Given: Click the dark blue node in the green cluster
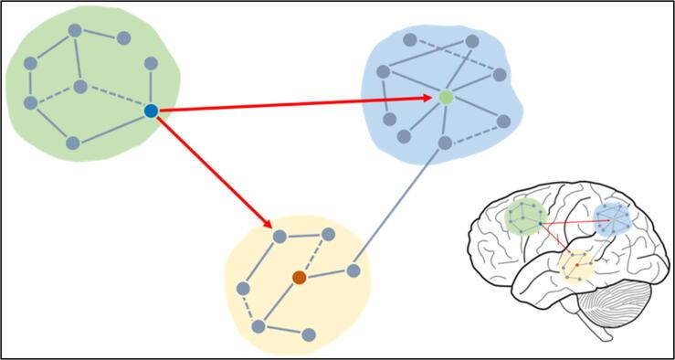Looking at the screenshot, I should point(152,111).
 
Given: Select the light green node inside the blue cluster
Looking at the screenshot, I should point(446,97).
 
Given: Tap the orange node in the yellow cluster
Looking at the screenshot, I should point(299,277).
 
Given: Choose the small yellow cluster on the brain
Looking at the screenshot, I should point(575,266).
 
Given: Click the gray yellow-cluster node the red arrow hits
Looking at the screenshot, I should point(280,237).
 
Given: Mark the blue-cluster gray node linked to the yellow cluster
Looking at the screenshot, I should point(445,143).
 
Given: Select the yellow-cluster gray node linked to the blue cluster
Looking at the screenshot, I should point(354,270).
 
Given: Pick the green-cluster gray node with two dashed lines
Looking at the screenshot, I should point(80,87).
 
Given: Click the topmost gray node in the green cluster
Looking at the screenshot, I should point(75,29).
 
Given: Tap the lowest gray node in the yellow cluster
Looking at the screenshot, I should point(309,334).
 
